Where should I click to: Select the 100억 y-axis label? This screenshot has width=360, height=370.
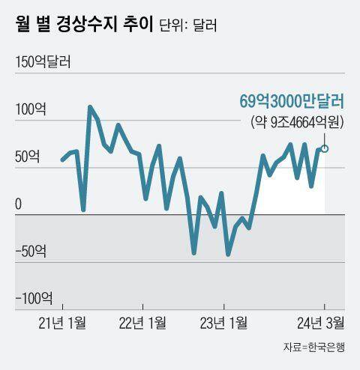(x=30, y=110)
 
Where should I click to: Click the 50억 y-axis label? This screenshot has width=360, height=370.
(x=28, y=157)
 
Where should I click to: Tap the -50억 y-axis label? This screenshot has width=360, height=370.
(x=31, y=252)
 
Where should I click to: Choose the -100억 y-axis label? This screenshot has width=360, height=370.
(x=34, y=299)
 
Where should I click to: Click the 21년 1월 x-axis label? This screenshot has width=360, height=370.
(x=61, y=323)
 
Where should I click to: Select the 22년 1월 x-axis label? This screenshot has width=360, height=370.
(x=142, y=323)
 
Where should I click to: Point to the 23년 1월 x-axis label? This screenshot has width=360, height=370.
(x=224, y=323)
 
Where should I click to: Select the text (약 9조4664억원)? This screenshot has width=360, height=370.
(x=295, y=121)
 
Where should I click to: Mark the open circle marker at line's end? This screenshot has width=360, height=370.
(x=325, y=148)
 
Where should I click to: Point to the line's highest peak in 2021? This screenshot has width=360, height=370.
(x=90, y=107)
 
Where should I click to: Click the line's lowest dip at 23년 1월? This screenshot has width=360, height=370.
(x=228, y=255)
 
